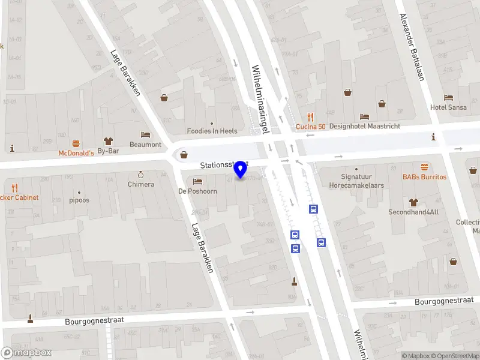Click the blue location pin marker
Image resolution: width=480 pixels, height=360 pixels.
tap(241, 170)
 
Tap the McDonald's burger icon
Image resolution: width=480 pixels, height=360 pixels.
tap(76, 143)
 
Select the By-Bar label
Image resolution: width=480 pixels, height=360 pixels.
tap(108, 151)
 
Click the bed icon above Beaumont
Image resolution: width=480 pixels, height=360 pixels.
tap(145, 135)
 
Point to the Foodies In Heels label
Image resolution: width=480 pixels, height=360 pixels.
tap(212, 131)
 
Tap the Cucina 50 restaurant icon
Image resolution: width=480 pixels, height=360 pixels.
tap(310, 117)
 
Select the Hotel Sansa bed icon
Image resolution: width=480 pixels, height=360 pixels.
tap(448, 97)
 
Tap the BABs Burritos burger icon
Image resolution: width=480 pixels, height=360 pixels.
tap(425, 167)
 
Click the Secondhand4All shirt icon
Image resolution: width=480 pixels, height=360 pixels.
tap(413, 202)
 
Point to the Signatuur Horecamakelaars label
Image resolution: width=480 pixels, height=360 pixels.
tap(356, 181)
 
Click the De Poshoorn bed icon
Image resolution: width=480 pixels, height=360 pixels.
tap(197, 181)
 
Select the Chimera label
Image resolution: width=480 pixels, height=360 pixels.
tap(141, 184)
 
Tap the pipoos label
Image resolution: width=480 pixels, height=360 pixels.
tap(79, 200)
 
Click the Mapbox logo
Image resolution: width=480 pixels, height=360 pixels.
tap(26, 353)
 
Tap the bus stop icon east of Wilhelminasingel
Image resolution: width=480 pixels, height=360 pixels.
tap(313, 209)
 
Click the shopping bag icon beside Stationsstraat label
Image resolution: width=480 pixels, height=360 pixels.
tap(184, 155)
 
